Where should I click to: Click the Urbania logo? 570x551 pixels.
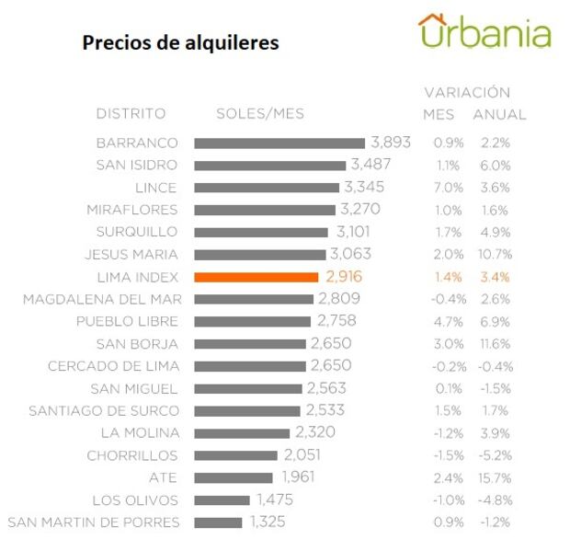[x=484, y=32]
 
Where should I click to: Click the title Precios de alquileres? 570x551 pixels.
[x=180, y=43]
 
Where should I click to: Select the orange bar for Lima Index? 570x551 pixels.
[x=256, y=277]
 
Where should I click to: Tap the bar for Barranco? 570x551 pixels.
[x=279, y=143]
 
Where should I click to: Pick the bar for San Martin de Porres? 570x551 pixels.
[x=218, y=522]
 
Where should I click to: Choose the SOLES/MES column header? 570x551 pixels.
[x=259, y=114]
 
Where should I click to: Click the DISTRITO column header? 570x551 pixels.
[x=131, y=114]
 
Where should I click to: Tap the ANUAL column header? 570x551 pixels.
[x=499, y=115]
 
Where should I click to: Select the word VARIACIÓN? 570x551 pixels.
[x=466, y=93]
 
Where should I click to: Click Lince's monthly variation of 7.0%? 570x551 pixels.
[x=448, y=188]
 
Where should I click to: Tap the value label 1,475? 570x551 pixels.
[x=273, y=500]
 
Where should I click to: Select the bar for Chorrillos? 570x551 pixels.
[x=235, y=455]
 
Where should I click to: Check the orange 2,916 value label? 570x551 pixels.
[x=341, y=277]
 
